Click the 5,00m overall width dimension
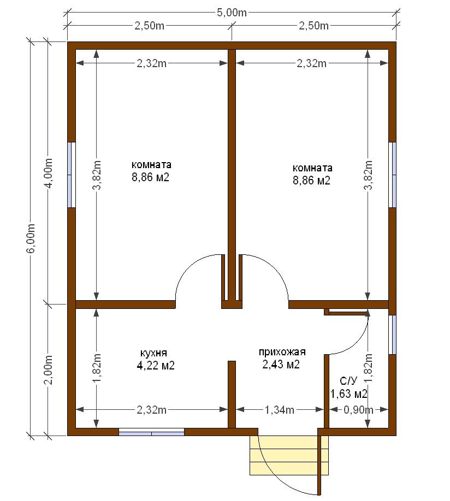pyautogui.click(x=232, y=13)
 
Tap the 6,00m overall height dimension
pyautogui.click(x=31, y=238)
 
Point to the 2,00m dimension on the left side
pyautogui.click(x=49, y=369)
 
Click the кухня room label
pyautogui.click(x=153, y=353)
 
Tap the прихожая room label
pyautogui.click(x=282, y=352)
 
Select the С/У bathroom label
pyautogui.click(x=348, y=381)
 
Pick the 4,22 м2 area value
pyautogui.click(x=156, y=365)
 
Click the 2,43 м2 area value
pyautogui.click(x=281, y=364)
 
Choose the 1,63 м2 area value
pyautogui.click(x=348, y=393)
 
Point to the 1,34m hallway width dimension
pyautogui.click(x=280, y=410)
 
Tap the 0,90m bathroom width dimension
pyautogui.click(x=358, y=410)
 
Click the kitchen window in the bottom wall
pyautogui.click(x=152, y=432)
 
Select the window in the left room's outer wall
pyautogui.click(x=72, y=175)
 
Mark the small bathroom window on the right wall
pyautogui.click(x=393, y=335)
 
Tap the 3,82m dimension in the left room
pyautogui.click(x=97, y=175)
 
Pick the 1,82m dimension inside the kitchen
pyautogui.click(x=97, y=368)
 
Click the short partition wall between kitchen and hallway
pyautogui.click(x=232, y=395)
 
